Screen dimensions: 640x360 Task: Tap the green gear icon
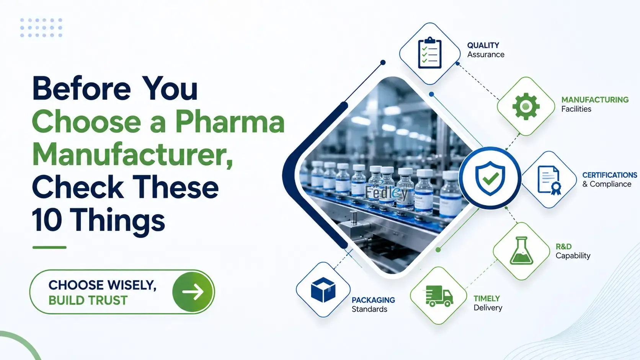tap(526, 106)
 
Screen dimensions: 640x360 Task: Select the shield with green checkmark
tap(490, 178)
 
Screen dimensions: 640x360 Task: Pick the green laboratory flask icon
tap(521, 250)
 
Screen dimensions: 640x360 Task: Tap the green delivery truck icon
tap(439, 296)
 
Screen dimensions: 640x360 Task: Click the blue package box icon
tap(323, 290)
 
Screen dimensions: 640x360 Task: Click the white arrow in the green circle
tap(193, 292)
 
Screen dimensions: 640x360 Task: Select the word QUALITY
tap(483, 46)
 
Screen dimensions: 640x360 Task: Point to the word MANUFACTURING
tap(595, 99)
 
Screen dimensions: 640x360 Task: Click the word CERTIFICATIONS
tap(610, 175)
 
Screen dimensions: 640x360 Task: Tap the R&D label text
tap(563, 246)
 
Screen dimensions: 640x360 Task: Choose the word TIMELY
tap(487, 299)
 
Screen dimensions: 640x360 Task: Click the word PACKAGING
tap(373, 300)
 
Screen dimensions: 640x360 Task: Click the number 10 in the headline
tap(47, 220)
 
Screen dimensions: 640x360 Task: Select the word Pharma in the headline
tap(230, 122)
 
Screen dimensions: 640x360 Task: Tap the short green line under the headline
tap(49, 247)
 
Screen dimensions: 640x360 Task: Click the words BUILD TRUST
tap(88, 300)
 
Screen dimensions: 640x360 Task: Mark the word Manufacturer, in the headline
tap(132, 155)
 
